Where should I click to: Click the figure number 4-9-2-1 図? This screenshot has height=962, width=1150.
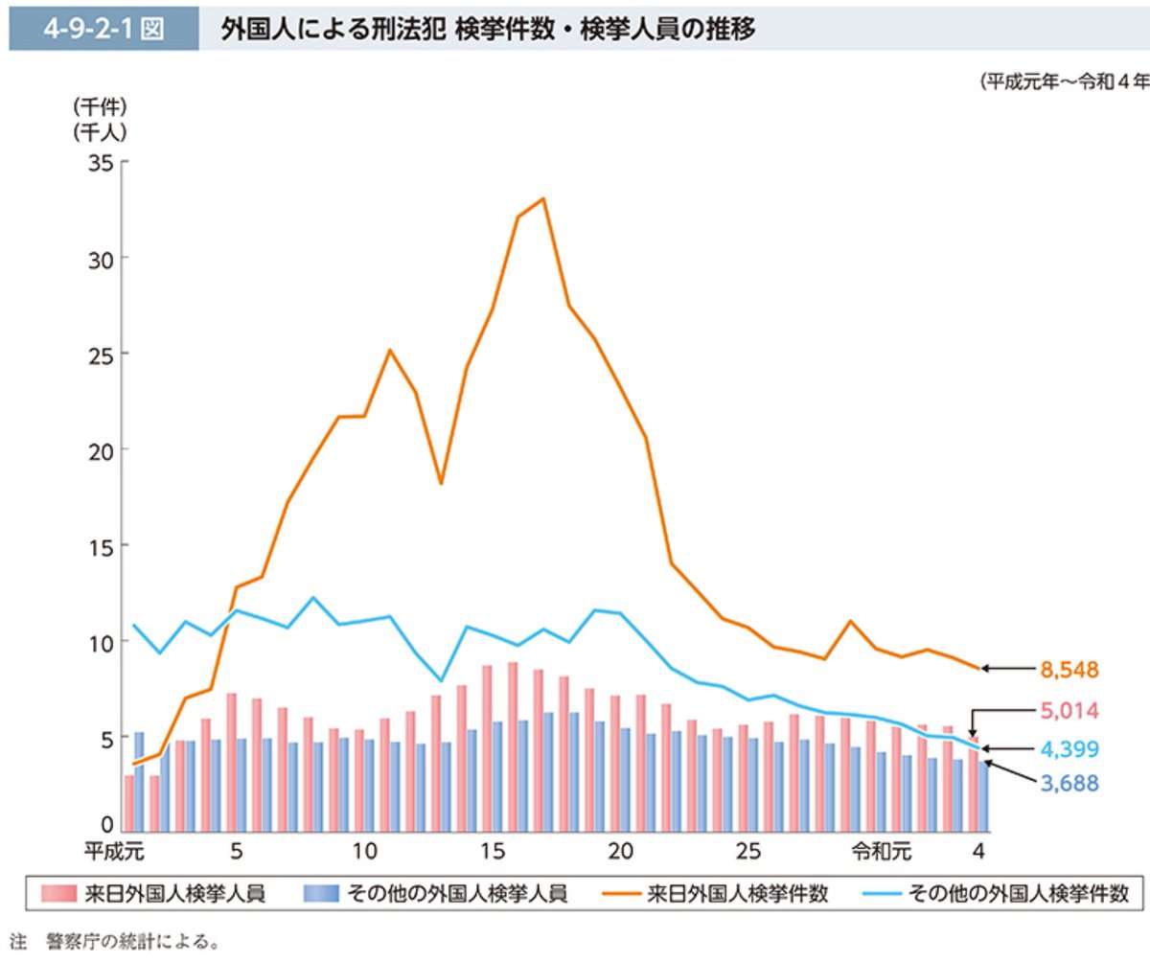103,30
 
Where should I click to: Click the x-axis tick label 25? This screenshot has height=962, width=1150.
749,851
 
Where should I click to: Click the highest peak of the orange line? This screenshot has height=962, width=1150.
543,198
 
